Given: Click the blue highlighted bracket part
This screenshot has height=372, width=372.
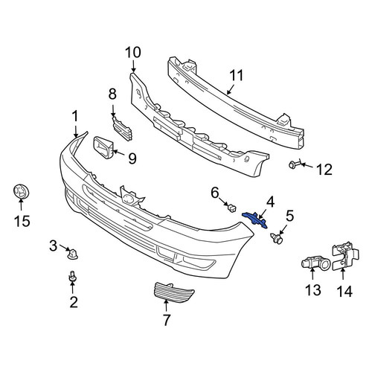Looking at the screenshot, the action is [x=255, y=219].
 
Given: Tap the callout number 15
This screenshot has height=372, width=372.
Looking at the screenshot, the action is [x=22, y=221].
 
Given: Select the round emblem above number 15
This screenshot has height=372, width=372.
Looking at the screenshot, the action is [x=21, y=192].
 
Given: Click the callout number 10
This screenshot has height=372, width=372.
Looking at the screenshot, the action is [x=133, y=52].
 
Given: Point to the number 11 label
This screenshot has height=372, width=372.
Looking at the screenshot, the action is [x=237, y=75].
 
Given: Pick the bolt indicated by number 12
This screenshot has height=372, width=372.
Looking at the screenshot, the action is [x=292, y=164].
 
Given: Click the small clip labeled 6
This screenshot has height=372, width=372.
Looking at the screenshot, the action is [x=231, y=208].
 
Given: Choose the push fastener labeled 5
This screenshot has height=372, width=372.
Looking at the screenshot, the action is [x=277, y=238].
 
